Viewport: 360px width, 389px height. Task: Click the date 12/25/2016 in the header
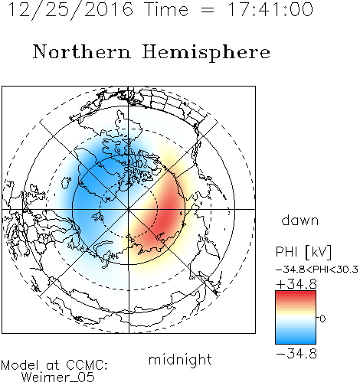(70, 10)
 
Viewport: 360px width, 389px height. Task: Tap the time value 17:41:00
(270, 9)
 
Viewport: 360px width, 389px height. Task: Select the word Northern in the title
(82, 51)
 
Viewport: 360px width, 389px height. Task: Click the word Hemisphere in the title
(206, 53)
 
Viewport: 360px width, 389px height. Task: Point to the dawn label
(300, 221)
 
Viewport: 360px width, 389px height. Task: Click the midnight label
(180, 359)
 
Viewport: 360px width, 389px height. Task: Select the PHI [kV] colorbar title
(303, 252)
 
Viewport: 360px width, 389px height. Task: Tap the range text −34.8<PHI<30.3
(317, 270)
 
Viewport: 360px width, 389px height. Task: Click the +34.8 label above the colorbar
(296, 284)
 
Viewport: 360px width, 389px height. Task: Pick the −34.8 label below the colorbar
(296, 354)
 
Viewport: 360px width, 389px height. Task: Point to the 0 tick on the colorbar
(322, 319)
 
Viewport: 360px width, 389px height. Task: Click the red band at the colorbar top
(296, 295)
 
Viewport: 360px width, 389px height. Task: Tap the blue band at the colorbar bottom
(296, 340)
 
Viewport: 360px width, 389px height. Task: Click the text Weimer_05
(58, 378)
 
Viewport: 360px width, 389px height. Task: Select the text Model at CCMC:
(54, 365)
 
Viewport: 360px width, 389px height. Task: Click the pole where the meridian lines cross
(129, 209)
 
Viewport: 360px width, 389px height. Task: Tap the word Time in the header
(166, 10)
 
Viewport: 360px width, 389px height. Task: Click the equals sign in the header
(208, 10)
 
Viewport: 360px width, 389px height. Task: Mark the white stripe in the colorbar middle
(296, 318)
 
